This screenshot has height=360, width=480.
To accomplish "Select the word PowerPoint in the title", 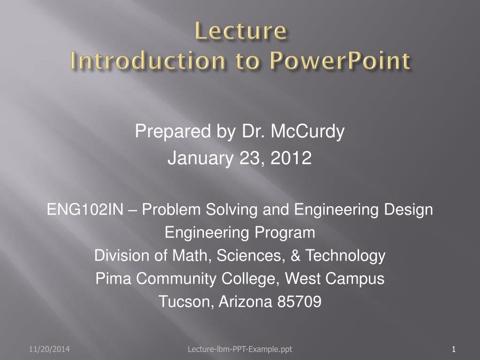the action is click(x=340, y=60).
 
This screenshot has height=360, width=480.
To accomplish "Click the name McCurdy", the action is click(x=307, y=132).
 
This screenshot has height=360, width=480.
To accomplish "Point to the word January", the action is click(x=201, y=158).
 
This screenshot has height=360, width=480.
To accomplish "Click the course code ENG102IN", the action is click(x=85, y=210).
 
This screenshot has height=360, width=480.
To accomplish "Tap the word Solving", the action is click(x=232, y=210).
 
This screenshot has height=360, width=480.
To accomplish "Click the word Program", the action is click(x=285, y=232).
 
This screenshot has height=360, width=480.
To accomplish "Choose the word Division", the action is click(x=124, y=255).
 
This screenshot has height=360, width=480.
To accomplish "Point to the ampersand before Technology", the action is click(x=295, y=255).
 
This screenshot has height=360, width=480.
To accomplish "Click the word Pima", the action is click(x=113, y=278).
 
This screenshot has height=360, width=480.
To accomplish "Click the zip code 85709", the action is click(x=300, y=301).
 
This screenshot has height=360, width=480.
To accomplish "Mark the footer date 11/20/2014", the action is click(x=49, y=349).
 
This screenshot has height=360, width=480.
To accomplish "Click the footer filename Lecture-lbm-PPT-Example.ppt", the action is click(x=240, y=349).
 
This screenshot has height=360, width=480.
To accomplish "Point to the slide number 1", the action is click(x=454, y=349).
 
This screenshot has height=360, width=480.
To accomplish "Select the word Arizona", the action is click(x=246, y=301).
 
